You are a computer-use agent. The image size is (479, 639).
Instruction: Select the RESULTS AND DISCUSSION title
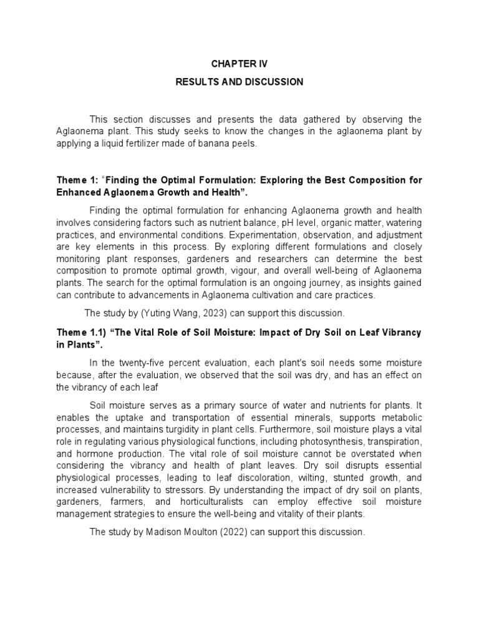[239, 82]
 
